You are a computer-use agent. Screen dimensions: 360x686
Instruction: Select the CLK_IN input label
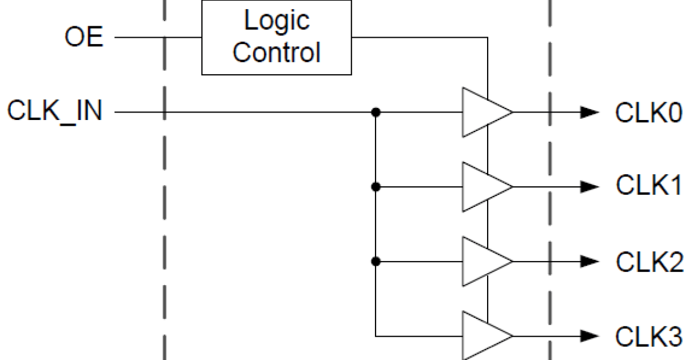coord(55,111)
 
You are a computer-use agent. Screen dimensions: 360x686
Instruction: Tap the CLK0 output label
coord(649,113)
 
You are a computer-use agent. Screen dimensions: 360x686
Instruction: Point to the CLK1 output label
coord(649,186)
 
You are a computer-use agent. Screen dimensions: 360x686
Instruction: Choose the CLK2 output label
coord(649,262)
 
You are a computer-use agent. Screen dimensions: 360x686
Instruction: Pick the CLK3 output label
coord(649,335)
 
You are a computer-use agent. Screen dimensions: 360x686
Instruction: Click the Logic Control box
coord(276,37)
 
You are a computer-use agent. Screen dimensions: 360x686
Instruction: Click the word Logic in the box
coord(277,21)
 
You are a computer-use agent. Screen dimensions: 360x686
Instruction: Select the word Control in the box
coord(276,53)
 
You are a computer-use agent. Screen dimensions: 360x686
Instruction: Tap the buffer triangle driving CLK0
coord(483,112)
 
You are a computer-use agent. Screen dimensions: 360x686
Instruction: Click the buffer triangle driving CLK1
coord(483,186)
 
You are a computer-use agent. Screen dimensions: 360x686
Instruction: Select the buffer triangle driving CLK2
coord(483,261)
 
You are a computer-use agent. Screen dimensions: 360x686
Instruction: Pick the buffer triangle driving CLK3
coord(483,335)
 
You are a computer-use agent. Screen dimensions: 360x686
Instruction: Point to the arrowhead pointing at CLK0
coord(589,112)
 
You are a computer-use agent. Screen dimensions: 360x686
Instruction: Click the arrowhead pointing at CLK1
coord(589,186)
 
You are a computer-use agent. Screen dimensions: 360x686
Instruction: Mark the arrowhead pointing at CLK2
coord(589,261)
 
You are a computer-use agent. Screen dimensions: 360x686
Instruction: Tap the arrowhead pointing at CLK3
coord(589,335)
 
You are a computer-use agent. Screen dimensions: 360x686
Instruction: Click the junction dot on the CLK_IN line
coord(376,112)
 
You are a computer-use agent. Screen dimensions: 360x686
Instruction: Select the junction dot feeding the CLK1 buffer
coord(376,186)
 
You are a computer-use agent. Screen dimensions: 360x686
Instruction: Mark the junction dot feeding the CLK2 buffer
coord(376,261)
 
